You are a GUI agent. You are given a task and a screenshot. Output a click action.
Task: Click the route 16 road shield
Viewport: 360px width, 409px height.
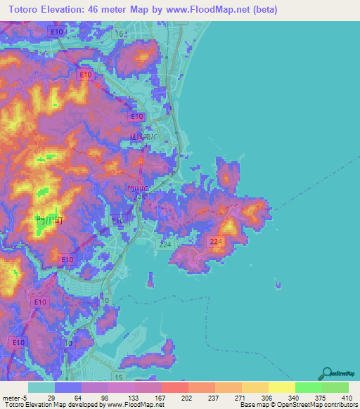[120, 34]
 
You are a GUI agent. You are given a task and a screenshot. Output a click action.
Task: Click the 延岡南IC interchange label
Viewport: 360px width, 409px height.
[144, 136]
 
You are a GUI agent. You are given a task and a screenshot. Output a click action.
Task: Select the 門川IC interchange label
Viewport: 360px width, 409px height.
[137, 189]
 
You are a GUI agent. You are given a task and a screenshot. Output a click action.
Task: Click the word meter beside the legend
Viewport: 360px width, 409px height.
[11, 397]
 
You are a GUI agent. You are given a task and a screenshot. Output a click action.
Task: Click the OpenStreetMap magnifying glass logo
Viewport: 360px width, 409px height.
[327, 373]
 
